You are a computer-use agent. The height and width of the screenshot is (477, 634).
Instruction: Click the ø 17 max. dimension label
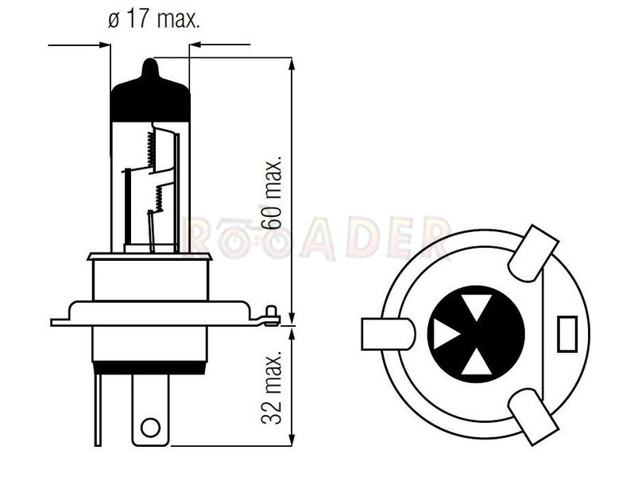click(154, 19)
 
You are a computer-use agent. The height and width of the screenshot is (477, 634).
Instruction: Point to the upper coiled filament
click(151, 149)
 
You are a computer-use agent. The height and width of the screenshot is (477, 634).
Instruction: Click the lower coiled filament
click(158, 198)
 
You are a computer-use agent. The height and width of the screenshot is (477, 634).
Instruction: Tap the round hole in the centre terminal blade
click(150, 427)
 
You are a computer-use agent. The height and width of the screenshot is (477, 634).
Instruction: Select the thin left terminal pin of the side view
click(98, 409)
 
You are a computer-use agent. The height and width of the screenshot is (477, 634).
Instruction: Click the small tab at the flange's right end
click(271, 316)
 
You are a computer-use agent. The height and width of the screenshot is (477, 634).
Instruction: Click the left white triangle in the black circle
click(444, 334)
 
